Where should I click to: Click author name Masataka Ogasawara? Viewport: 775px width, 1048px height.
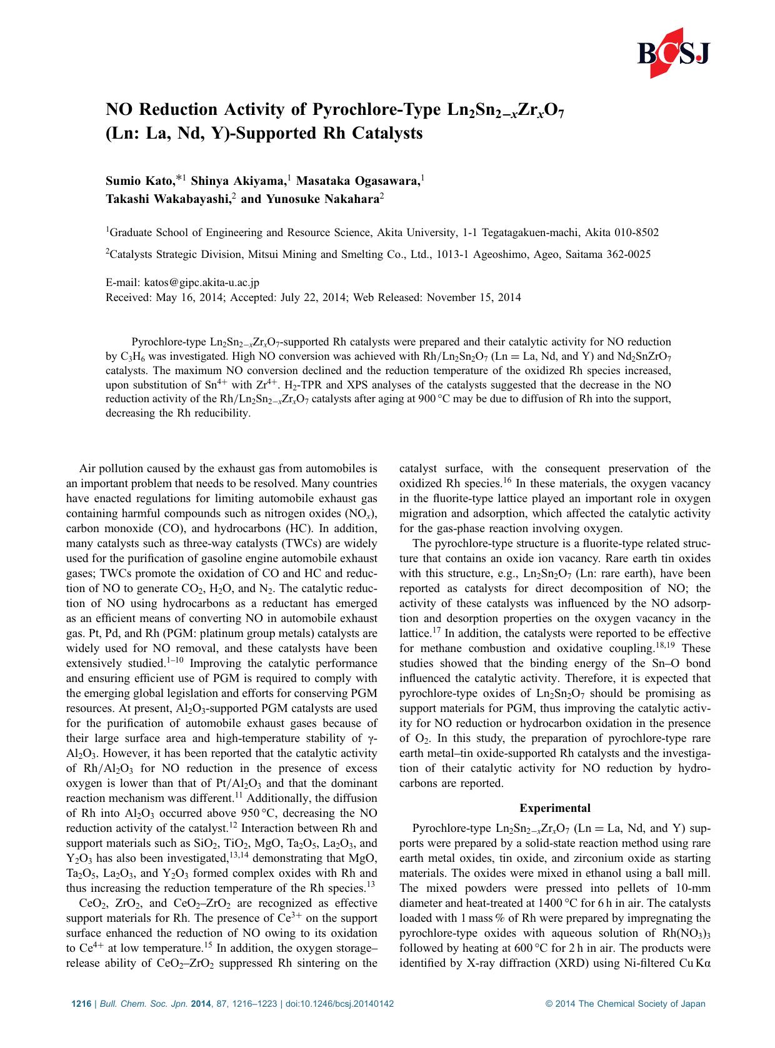point(356,181)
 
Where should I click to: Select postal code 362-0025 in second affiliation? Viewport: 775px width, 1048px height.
point(626,254)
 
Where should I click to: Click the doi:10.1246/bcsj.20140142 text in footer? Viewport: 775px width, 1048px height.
point(339,1004)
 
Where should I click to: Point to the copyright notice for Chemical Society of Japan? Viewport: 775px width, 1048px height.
point(625,1004)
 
